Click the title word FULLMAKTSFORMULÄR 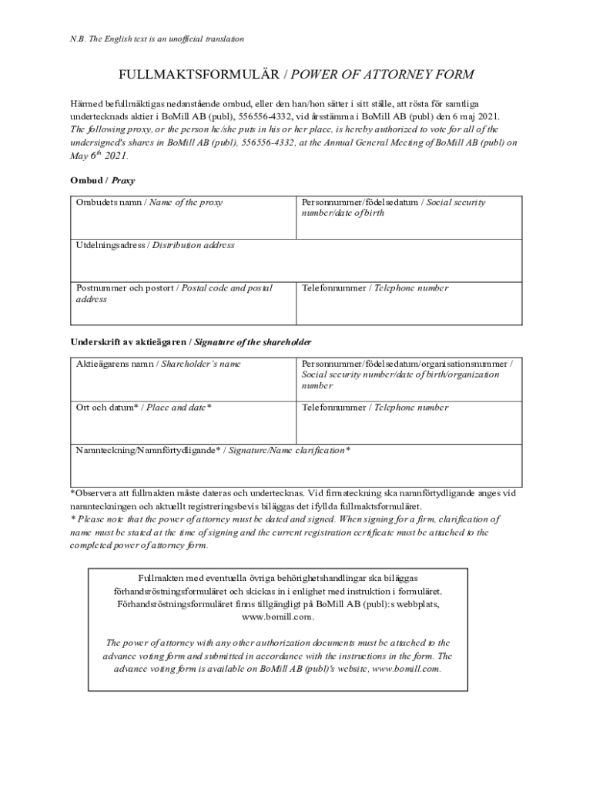199,75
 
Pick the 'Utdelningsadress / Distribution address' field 296,260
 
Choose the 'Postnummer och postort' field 183,303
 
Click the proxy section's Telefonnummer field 409,303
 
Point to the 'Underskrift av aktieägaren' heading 191,341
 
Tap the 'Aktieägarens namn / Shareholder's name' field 183,378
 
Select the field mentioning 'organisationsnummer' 409,378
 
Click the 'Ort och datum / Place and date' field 183,421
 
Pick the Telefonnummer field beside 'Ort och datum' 409,421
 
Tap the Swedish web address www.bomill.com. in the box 278,617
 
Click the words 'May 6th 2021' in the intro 99,155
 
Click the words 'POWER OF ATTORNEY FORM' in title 382,75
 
